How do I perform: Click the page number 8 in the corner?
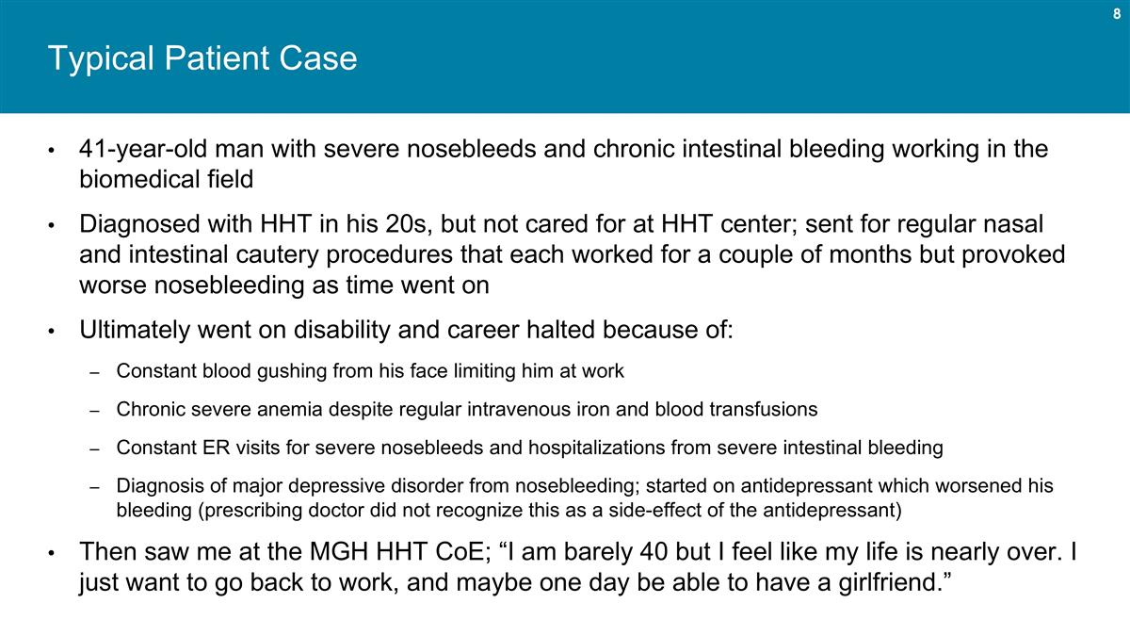coord(1116,14)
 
